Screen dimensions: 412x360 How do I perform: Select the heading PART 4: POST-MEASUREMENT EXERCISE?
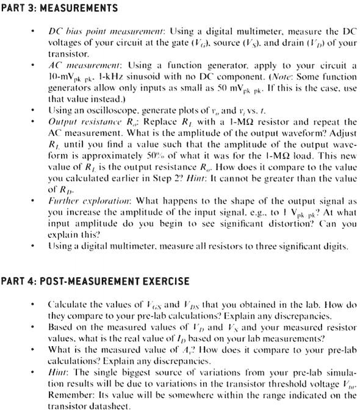tap(95, 281)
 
